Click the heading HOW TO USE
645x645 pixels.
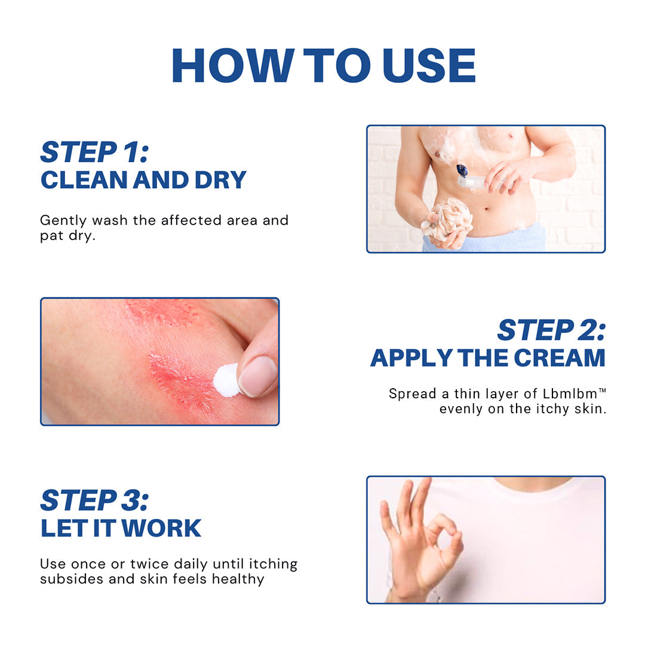click(322, 65)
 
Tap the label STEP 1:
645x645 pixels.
click(94, 152)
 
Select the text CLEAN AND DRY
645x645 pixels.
click(143, 180)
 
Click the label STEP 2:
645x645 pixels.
click(551, 330)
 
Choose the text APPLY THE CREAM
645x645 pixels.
click(487, 358)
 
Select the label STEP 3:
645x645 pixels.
click(94, 500)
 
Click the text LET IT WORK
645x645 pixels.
click(121, 528)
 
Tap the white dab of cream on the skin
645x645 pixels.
click(226, 380)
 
